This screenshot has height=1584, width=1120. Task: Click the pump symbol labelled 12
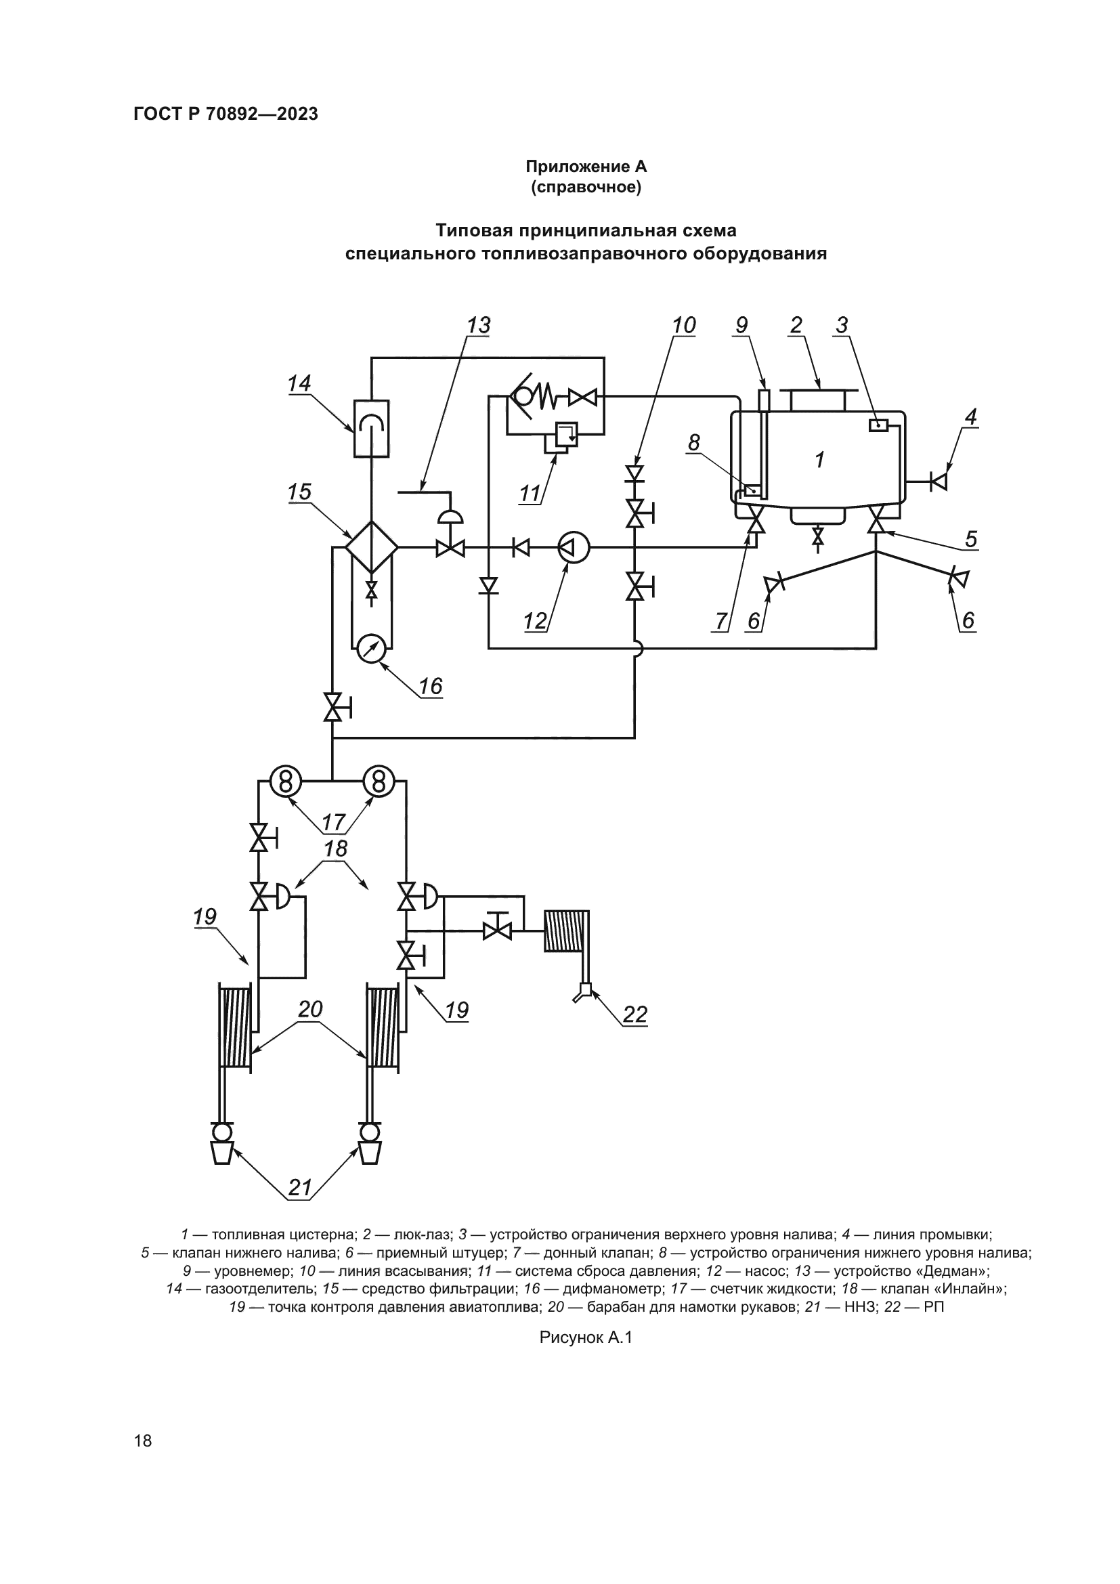click(573, 548)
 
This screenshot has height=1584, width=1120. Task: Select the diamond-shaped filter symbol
click(372, 547)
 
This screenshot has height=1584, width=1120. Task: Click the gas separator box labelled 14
click(371, 428)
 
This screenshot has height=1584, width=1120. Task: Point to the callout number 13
click(479, 326)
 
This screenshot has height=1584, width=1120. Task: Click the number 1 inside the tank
click(819, 460)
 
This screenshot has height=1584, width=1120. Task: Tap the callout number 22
click(635, 1014)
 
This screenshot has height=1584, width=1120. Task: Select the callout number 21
click(300, 1188)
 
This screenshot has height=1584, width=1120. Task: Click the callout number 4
click(970, 416)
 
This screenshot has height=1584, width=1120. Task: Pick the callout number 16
click(431, 687)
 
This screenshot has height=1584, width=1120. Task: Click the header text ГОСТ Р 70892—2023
click(226, 114)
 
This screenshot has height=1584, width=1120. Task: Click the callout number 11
click(530, 494)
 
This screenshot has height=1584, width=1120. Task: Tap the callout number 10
click(683, 326)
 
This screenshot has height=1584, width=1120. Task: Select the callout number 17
click(334, 821)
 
